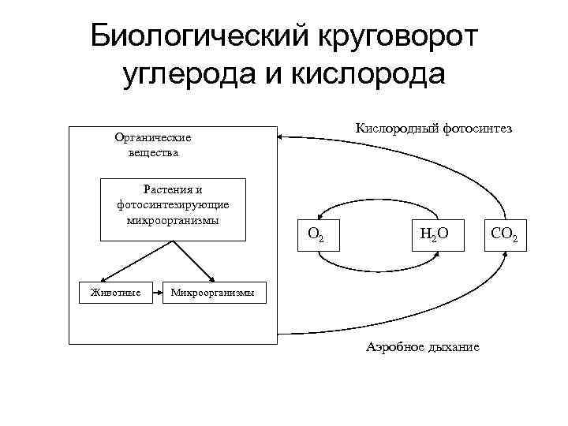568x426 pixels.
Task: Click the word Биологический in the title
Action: point(199,35)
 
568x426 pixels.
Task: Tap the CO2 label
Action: point(504,234)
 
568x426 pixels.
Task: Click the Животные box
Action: point(116,293)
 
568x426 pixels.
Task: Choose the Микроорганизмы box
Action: point(209,293)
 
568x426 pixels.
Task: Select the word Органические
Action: point(153,137)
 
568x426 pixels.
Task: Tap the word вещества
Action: point(153,152)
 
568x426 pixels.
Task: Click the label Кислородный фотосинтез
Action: point(433,128)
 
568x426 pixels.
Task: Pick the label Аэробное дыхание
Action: point(422,347)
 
